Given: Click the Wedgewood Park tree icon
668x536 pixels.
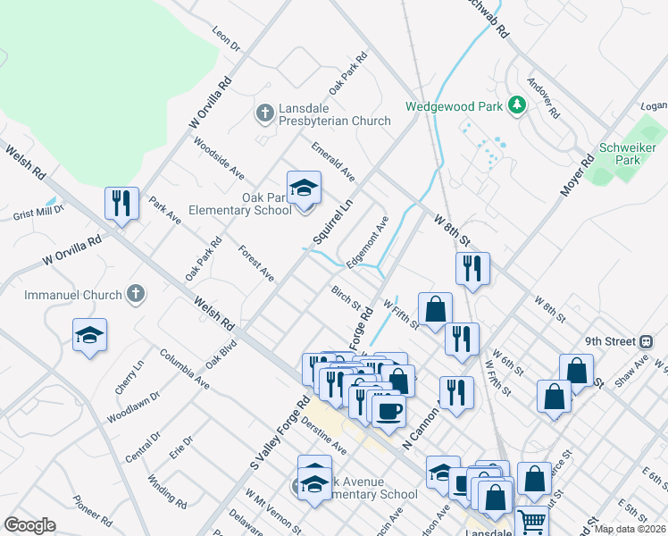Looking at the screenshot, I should coord(516,105).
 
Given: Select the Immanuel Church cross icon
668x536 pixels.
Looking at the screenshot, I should coord(135,294).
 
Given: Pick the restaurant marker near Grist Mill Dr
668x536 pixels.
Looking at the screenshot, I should coord(121,203).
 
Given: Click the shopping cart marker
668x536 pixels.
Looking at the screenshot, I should coord(531,521).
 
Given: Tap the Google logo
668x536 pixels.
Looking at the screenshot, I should coord(29,525).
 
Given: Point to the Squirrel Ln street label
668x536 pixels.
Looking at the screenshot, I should coord(333,222).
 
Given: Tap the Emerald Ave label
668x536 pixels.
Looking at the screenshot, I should coord(333,160).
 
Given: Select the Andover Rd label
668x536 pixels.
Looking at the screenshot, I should coord(543,102).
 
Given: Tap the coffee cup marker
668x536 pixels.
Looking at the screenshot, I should coord(388,411).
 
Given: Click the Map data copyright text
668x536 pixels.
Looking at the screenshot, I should coord(630,529).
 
